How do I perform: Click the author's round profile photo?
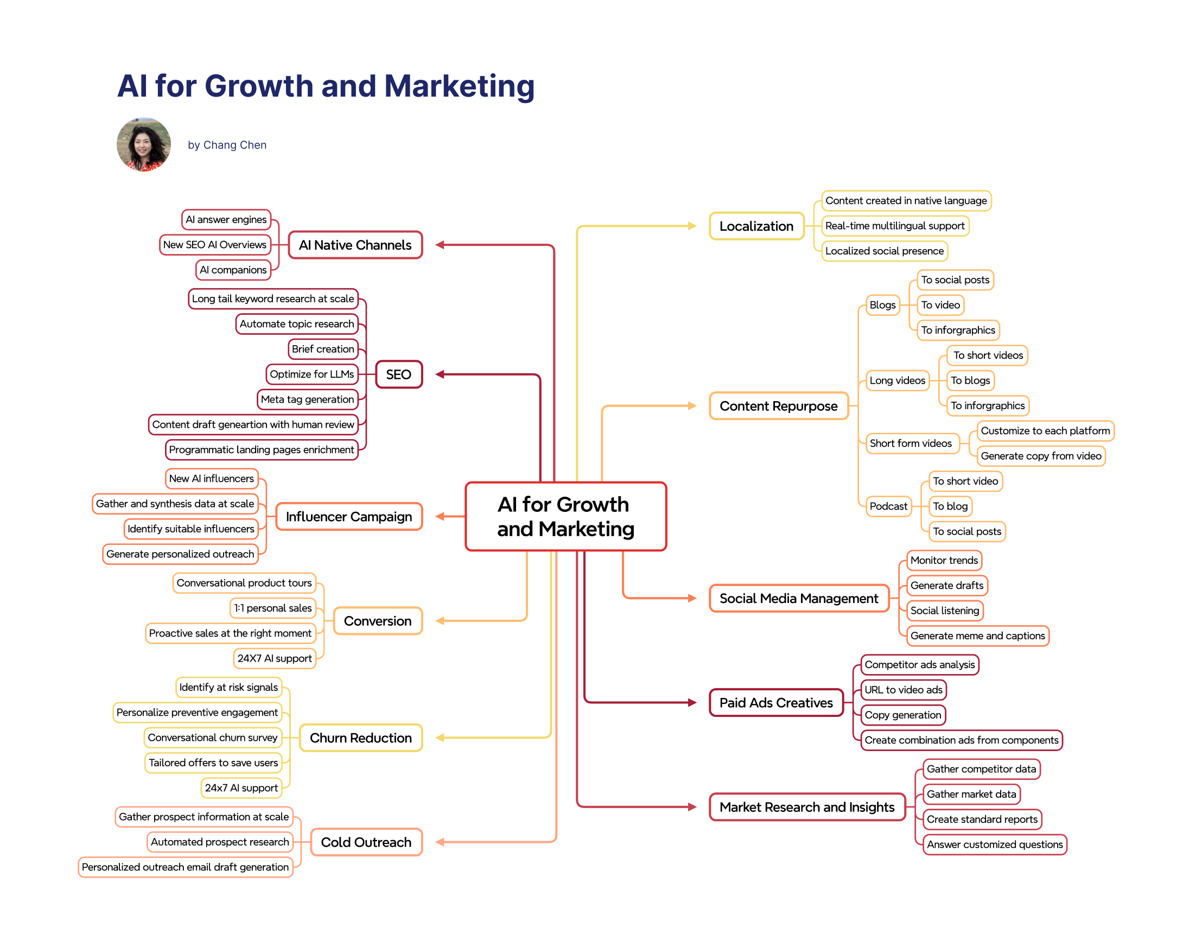click(144, 144)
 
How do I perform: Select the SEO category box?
click(398, 374)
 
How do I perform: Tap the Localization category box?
click(756, 226)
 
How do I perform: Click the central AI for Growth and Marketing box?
click(565, 516)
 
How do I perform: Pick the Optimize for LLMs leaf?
click(311, 374)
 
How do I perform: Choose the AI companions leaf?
click(233, 270)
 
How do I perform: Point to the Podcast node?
click(888, 506)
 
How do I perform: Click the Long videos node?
click(896, 380)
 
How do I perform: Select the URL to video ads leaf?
click(903, 690)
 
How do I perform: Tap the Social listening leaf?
click(944, 611)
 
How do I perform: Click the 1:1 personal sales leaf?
click(273, 608)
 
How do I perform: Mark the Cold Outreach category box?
click(366, 842)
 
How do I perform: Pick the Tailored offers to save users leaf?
click(213, 763)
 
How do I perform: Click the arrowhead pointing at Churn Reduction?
click(440, 738)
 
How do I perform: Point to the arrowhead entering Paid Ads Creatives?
click(692, 703)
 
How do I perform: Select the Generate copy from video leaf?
click(1040, 456)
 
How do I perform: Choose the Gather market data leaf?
click(971, 794)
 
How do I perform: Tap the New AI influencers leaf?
click(211, 479)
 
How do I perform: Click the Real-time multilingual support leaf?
click(894, 226)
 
